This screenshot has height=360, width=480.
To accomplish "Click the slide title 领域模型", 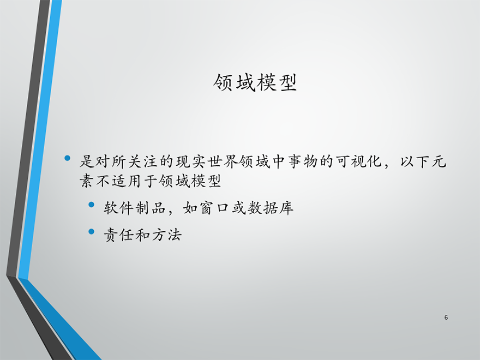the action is [x=255, y=82].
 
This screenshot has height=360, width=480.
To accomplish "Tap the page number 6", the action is [x=446, y=317].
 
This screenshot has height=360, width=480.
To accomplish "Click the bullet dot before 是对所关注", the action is [x=67, y=158].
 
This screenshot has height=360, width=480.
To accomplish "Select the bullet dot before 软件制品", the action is [x=91, y=205].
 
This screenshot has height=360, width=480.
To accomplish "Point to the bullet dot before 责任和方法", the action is [x=91, y=232].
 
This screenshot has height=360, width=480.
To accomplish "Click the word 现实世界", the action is [x=207, y=161].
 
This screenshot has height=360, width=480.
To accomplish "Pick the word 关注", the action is [x=143, y=161].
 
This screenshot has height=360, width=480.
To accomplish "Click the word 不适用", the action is [x=119, y=181].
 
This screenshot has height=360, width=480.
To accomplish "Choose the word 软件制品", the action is [x=135, y=208].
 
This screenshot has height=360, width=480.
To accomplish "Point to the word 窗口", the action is [x=214, y=208].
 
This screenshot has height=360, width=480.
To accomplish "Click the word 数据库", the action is [x=271, y=208].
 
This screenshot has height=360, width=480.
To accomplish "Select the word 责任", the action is [x=119, y=235].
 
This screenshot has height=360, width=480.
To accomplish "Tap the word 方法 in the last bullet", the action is [x=166, y=235].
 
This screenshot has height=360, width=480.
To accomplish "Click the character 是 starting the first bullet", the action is [x=87, y=161].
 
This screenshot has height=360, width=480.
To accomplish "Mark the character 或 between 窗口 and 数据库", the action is [x=238, y=208].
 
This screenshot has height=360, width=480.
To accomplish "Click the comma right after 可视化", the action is [x=387, y=166].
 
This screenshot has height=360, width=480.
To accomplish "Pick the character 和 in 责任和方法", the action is [x=143, y=235].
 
